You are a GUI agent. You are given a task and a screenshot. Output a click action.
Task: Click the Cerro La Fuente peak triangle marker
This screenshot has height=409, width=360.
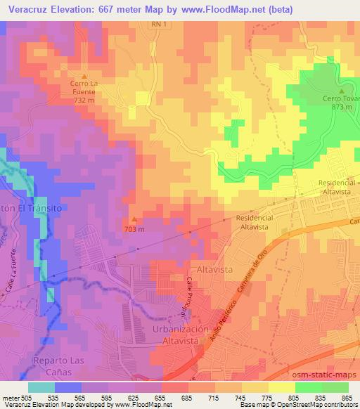click(84, 77)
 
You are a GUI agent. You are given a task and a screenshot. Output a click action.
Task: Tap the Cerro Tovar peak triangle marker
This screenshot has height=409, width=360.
click(342, 91)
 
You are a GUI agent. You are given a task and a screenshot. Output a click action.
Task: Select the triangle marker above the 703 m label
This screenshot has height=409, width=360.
click(135, 219)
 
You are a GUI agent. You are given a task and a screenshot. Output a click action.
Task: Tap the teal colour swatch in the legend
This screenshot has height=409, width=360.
click(41, 387)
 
